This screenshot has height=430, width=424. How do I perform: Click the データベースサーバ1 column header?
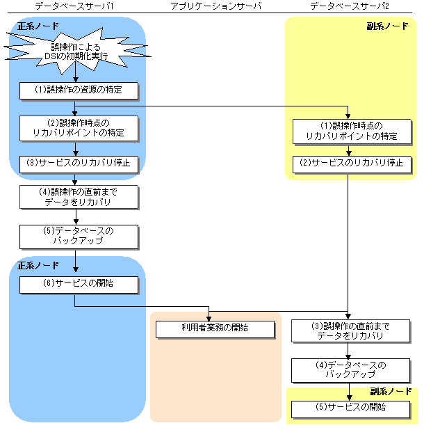coord(74,6)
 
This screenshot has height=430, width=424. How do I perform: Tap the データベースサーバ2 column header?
coord(349,6)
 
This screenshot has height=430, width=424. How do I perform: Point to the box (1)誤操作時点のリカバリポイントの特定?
coord(347,131)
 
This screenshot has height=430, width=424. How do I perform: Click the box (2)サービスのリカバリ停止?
coord(347,164)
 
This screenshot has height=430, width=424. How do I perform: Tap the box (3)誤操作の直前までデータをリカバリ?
coord(347,331)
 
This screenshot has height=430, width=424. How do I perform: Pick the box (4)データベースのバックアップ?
coord(347,370)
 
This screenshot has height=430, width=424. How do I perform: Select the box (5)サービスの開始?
coord(347,408)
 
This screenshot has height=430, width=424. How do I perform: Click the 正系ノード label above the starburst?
coord(38,26)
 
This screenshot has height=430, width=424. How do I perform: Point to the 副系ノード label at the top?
coord(387,26)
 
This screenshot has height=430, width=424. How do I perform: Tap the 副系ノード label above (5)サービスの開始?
coord(390,392)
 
